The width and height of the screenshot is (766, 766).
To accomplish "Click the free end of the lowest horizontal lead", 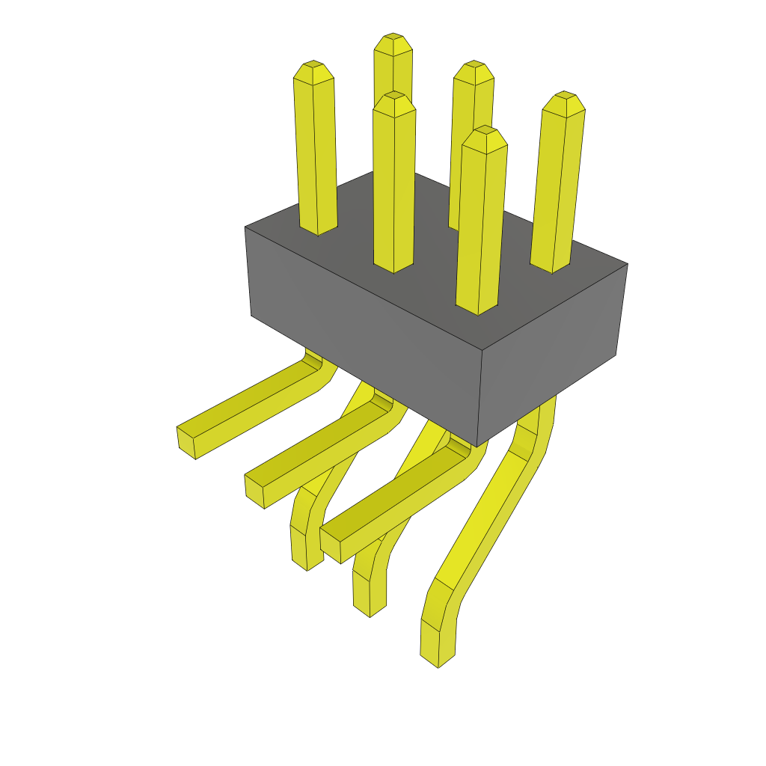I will tap(331, 545).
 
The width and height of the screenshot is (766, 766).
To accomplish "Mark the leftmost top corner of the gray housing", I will tap(245, 227).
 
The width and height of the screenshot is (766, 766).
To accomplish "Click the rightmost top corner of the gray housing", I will tap(627, 264).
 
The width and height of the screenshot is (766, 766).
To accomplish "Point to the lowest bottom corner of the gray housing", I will tap(477, 447).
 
